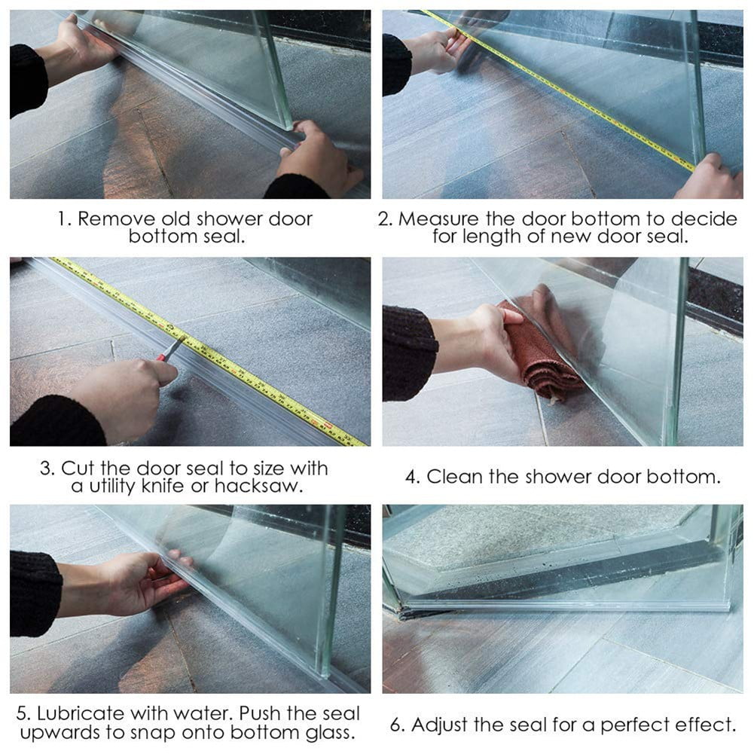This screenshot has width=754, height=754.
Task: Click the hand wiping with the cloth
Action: tap(497, 339)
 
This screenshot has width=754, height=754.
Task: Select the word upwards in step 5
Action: tap(60, 733)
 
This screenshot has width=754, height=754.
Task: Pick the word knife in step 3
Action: tap(163, 487)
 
